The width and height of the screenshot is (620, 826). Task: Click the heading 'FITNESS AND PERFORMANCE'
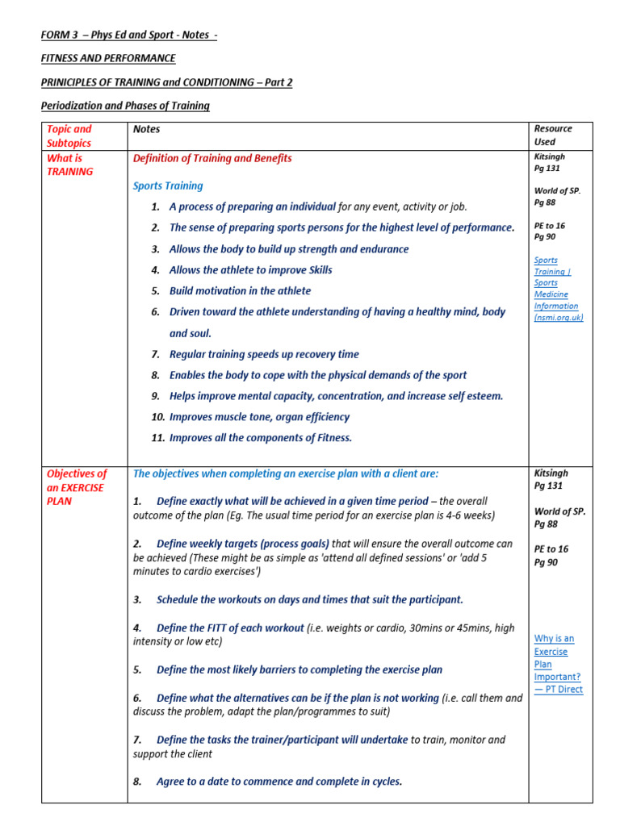coord(108,58)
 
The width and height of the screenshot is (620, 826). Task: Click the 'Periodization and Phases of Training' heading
coord(125,106)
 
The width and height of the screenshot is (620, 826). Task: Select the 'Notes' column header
coord(147,129)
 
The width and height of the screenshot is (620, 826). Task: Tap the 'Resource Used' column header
coord(553,135)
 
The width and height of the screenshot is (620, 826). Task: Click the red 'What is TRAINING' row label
coord(70,165)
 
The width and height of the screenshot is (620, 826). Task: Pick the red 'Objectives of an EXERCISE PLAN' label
coord(77,487)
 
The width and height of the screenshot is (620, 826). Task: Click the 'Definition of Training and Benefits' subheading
coord(212,158)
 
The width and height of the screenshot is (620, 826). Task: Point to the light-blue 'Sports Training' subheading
coord(167,186)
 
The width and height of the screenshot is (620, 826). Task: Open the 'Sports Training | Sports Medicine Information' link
coord(556,289)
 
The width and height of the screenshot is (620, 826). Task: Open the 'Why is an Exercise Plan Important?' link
coord(557,664)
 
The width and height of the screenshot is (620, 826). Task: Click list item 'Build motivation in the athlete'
coord(240,290)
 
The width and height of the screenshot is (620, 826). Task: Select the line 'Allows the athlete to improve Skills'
coord(250,270)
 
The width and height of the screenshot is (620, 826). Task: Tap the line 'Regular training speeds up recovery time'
coord(264,354)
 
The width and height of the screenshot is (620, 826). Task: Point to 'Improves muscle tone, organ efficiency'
coord(259,417)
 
